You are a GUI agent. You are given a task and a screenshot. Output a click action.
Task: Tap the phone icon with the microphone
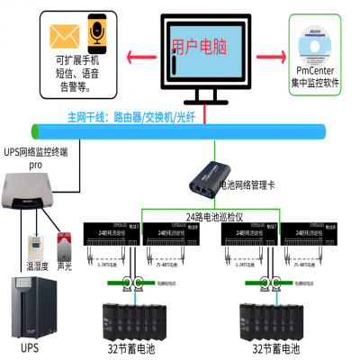(94, 33)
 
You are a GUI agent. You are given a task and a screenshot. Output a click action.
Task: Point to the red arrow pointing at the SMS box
(134, 60)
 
